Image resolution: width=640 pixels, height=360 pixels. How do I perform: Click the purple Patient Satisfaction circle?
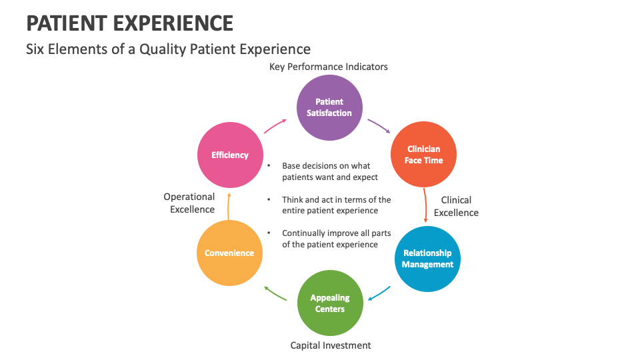pyautogui.click(x=329, y=107)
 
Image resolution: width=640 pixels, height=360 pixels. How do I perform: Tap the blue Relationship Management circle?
pyautogui.click(x=427, y=259)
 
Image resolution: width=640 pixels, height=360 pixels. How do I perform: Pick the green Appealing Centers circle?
pyautogui.click(x=330, y=303)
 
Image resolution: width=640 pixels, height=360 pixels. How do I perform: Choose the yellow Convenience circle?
pyautogui.click(x=229, y=253)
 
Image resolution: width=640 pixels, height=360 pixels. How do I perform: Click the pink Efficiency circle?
pyautogui.click(x=230, y=155)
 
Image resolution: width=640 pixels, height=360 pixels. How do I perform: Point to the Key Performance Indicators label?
pyautogui.click(x=328, y=67)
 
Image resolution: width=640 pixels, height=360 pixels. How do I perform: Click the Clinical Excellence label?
pyautogui.click(x=456, y=206)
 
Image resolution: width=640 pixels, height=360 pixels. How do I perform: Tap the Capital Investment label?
pyautogui.click(x=331, y=345)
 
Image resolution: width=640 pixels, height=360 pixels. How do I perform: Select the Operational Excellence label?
pyautogui.click(x=189, y=203)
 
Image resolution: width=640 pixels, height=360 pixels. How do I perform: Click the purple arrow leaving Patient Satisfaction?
pyautogui.click(x=379, y=126)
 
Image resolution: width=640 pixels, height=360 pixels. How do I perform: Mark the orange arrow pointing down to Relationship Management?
pyautogui.click(x=425, y=205)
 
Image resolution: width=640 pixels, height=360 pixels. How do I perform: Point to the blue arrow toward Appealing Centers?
pyautogui.click(x=379, y=293)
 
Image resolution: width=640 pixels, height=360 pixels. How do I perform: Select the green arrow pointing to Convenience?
pyautogui.click(x=275, y=293)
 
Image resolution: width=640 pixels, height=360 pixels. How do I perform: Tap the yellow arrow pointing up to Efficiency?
pyautogui.click(x=228, y=205)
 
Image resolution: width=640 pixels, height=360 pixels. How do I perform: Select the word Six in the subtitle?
pyautogui.click(x=35, y=49)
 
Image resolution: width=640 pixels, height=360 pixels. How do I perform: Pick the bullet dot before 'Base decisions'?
pyautogui.click(x=269, y=166)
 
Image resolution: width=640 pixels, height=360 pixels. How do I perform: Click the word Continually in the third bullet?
pyautogui.click(x=303, y=233)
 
